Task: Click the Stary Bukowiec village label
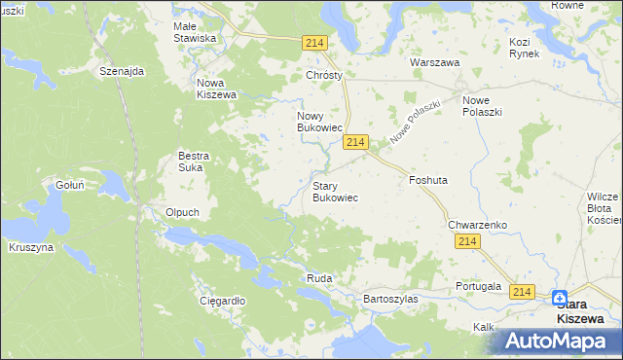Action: tap(335, 191)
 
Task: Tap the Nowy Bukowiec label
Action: tap(319, 121)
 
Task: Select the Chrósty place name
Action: tap(326, 75)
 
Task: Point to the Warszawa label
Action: tap(434, 61)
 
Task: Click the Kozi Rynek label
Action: tap(524, 48)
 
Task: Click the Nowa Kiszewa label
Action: tap(217, 89)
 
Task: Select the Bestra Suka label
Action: tap(194, 161)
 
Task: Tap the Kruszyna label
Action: tap(31, 247)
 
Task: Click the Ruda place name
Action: tap(319, 278)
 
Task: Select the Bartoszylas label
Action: tap(389, 299)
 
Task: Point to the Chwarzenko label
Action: tap(478, 225)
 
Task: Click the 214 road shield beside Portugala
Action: tap(523, 292)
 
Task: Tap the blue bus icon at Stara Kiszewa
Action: tap(561, 298)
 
